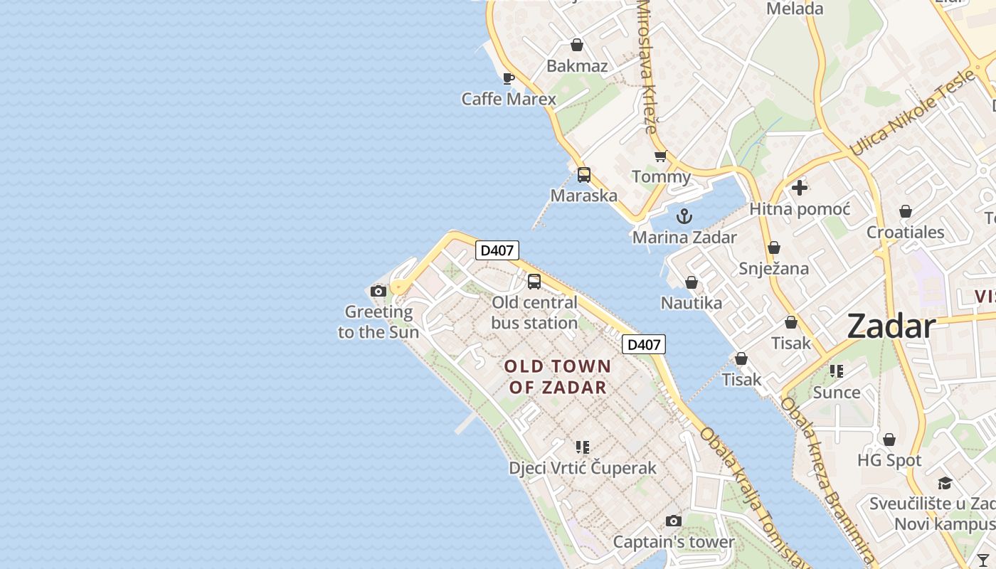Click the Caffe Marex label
508,99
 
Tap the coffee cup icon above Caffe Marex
508,78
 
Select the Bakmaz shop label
577,66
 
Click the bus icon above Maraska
584,174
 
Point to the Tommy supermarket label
661,176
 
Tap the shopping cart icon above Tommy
661,156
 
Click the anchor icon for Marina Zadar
684,216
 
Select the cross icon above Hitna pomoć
800,188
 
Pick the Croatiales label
905,232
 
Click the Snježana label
773,268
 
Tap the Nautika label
691,303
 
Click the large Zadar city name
891,326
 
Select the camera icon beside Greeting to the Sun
378,291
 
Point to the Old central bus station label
534,312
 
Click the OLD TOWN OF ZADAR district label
558,377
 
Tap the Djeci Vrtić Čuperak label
583,468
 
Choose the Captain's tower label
673,542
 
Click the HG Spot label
889,460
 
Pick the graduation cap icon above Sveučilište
945,484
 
